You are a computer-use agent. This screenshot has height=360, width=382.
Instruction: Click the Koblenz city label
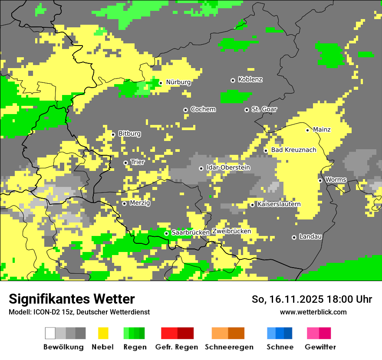(250, 80)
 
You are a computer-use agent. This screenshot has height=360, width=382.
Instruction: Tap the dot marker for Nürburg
(161, 82)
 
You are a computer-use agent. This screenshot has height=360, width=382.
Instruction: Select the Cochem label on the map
(203, 109)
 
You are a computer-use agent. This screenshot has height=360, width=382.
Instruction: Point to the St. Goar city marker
(247, 110)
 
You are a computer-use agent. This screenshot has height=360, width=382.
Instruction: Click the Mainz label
(322, 130)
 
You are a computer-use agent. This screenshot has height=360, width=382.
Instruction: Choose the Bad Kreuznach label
(293, 150)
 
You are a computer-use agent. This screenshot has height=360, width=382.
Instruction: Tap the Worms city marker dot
(320, 180)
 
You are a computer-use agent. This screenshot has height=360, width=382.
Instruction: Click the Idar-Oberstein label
(228, 168)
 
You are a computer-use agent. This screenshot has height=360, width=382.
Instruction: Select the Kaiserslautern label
(279, 204)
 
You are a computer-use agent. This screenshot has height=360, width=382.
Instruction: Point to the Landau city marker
(294, 237)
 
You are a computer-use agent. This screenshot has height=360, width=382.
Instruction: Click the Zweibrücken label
(231, 231)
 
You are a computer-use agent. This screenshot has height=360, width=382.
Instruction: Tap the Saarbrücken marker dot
(166, 233)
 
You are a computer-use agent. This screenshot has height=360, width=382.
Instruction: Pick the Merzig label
(140, 203)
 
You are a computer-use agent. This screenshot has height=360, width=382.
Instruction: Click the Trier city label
(138, 162)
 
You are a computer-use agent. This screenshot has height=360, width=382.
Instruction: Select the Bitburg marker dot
(113, 134)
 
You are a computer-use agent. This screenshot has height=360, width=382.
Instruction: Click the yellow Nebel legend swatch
(102, 333)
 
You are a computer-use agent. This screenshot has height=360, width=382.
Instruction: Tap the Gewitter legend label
(320, 347)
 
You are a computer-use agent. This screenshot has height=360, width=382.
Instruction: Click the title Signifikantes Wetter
(72, 299)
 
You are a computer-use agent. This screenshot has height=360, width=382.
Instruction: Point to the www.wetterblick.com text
(313, 312)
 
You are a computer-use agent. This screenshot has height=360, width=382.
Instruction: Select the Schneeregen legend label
(229, 347)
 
